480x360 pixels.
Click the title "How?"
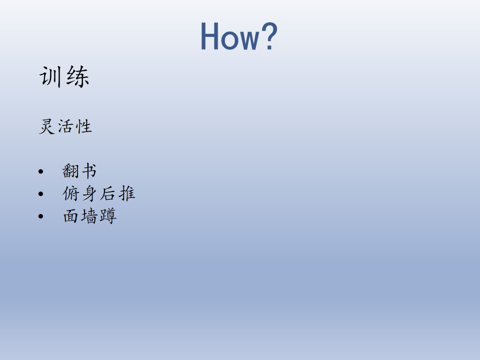(239, 36)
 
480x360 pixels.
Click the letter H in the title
(209, 36)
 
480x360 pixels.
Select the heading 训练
(64, 77)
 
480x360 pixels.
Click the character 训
(50, 77)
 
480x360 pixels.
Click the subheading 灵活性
(65, 126)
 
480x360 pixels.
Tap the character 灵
(47, 126)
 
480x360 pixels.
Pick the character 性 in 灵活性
(84, 126)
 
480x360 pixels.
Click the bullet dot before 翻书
(40, 171)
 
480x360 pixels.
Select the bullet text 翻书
(79, 171)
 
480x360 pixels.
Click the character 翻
(70, 171)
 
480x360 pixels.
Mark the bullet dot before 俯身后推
(40, 194)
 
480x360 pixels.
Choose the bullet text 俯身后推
(98, 193)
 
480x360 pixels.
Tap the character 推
(127, 193)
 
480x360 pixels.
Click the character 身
(89, 193)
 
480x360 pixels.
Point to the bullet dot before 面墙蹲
(40, 216)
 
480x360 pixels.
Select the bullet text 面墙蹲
(89, 216)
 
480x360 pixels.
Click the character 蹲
(108, 216)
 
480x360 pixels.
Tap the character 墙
(89, 216)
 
